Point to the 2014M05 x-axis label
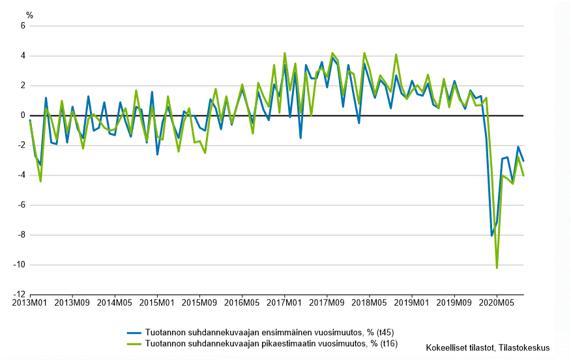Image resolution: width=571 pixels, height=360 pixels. (x=115, y=303)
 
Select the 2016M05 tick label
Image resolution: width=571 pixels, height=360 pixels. (x=242, y=303)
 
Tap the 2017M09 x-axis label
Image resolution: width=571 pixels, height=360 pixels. (x=327, y=303)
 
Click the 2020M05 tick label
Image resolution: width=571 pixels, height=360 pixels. (x=496, y=303)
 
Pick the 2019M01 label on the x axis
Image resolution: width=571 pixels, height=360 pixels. (x=411, y=303)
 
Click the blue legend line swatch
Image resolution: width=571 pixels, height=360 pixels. (x=135, y=332)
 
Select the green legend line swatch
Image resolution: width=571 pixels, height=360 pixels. (x=135, y=343)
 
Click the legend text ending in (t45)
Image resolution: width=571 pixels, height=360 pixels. (x=271, y=332)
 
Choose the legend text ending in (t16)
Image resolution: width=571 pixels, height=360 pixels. (x=271, y=343)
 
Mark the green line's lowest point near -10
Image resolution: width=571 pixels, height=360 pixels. (x=497, y=267)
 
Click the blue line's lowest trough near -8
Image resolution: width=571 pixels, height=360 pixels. (x=491, y=235)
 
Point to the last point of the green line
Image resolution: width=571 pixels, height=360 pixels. (x=523, y=175)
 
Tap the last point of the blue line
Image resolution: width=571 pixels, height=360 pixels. (x=523, y=160)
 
